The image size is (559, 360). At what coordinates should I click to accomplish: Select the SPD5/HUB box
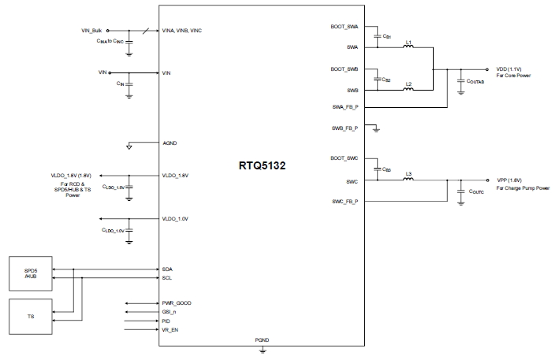pos(31,273)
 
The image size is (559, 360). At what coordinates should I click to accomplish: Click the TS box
pos(31,316)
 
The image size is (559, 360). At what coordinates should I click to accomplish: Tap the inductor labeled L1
pos(408,47)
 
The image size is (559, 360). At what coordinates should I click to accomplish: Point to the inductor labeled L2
pos(408,88)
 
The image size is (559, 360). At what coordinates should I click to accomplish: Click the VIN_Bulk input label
pos(93,29)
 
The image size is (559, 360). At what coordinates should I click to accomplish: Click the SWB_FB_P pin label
pos(345,127)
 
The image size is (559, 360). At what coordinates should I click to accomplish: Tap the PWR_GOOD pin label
pos(177,303)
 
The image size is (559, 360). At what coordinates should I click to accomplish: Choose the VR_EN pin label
pos(171,330)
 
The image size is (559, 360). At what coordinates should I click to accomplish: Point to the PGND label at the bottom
pos(263,340)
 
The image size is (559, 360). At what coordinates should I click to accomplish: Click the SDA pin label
pos(168,269)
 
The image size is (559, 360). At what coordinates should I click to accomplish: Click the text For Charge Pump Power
pos(523,189)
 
